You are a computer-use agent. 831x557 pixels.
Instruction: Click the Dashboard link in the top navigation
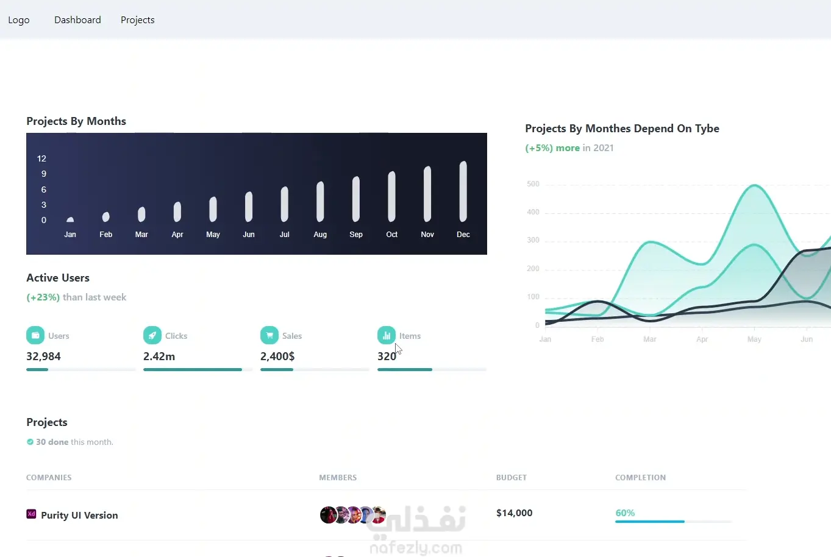(x=77, y=20)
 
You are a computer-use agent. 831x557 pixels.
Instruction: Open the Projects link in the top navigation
(x=137, y=20)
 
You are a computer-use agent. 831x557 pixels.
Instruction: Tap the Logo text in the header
(x=19, y=20)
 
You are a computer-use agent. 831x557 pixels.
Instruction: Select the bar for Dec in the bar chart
(x=463, y=191)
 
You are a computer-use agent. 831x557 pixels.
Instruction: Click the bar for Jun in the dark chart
(x=249, y=207)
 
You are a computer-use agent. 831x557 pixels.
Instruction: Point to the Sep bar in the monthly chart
(x=356, y=199)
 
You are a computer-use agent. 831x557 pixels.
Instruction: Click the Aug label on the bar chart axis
(x=320, y=235)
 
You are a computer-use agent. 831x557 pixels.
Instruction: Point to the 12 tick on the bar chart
(x=41, y=158)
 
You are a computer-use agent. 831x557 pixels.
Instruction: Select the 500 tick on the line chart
(x=533, y=184)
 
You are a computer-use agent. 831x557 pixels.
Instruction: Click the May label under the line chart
(x=754, y=339)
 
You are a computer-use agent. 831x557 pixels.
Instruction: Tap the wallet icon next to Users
(x=35, y=335)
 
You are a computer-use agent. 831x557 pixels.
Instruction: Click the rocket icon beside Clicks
(x=152, y=335)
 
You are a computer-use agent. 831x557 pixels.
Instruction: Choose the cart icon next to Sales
(x=269, y=335)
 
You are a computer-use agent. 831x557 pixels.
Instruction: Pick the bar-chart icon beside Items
(x=387, y=335)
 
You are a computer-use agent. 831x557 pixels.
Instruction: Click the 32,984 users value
(x=44, y=357)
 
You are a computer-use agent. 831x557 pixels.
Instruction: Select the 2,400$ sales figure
(x=277, y=357)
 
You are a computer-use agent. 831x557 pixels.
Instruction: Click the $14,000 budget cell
(x=514, y=513)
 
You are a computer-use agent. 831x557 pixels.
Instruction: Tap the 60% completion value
(x=625, y=513)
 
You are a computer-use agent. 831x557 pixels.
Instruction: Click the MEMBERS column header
(x=338, y=478)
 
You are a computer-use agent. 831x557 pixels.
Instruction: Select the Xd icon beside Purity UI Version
(x=31, y=514)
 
